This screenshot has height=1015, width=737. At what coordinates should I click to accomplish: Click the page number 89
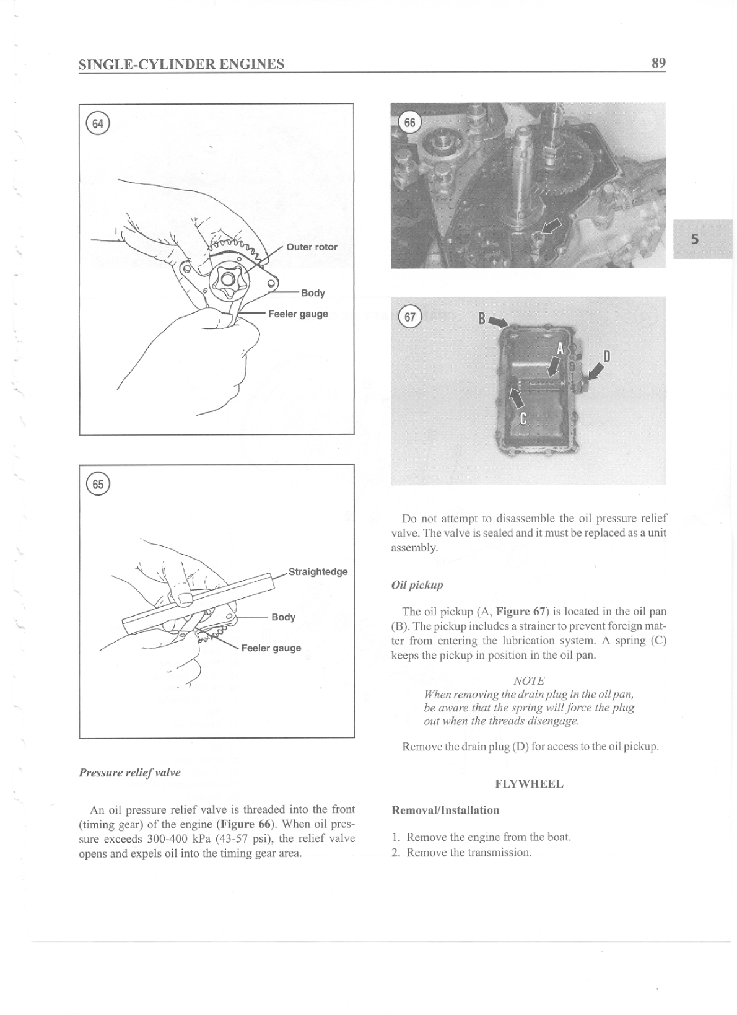(658, 63)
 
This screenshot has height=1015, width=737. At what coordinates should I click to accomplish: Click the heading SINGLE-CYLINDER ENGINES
(181, 64)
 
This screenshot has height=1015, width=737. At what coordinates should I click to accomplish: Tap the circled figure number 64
(98, 123)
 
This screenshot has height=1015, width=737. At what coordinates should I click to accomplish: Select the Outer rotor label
(312, 247)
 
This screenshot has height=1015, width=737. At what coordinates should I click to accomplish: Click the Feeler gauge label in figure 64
(298, 314)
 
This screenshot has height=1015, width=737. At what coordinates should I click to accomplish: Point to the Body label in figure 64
(313, 292)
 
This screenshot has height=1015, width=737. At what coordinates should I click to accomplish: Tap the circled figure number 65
(98, 484)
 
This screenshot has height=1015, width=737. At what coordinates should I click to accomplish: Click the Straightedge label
(318, 571)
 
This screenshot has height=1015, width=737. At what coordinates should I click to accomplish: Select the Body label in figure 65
(283, 617)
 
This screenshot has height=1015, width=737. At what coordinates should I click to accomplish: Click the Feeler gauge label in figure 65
(271, 648)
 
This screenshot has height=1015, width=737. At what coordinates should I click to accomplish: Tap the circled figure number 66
(409, 123)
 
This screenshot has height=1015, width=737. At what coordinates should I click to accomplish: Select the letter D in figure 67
(606, 356)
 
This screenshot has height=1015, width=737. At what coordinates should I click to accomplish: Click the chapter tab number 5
(695, 239)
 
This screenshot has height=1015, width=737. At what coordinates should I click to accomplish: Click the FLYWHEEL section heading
(529, 784)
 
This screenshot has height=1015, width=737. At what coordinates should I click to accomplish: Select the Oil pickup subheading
(417, 584)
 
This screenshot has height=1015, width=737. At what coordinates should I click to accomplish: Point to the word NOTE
(529, 680)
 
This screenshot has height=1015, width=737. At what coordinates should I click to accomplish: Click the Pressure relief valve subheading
(129, 772)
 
